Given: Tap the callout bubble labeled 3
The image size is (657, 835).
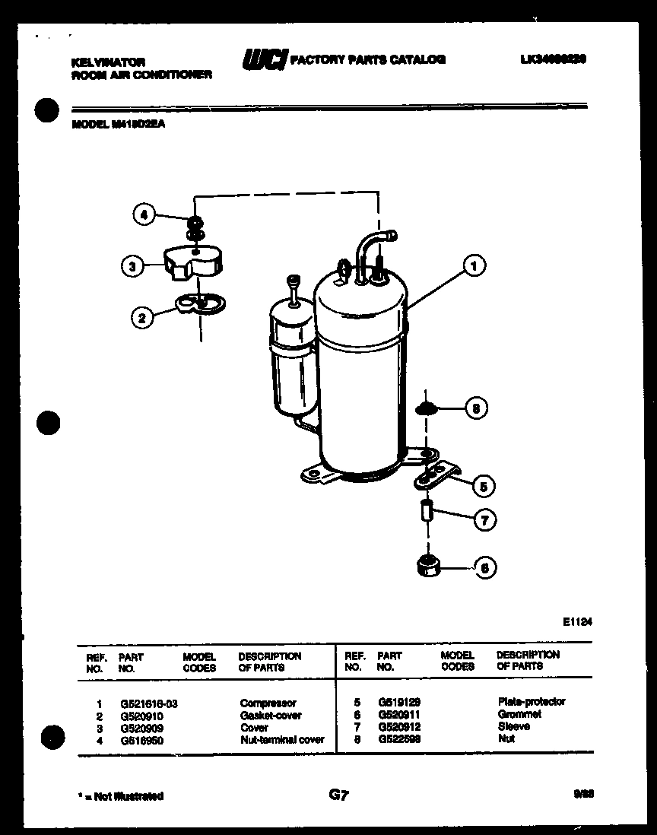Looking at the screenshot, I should click(x=132, y=266).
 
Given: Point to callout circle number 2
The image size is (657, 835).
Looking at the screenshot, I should click(x=141, y=318).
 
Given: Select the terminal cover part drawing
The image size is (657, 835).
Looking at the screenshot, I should click(x=194, y=265).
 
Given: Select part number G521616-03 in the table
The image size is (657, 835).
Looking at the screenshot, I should click(x=148, y=703).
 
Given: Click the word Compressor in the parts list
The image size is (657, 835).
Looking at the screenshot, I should click(x=268, y=703).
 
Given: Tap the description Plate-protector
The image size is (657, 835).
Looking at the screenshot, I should click(x=532, y=702).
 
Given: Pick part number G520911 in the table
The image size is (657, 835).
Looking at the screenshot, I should click(x=398, y=715).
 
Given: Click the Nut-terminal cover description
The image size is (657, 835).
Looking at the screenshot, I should click(x=281, y=739).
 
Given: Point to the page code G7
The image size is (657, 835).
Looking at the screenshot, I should click(x=338, y=795).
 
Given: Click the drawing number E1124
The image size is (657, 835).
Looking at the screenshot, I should click(x=577, y=621).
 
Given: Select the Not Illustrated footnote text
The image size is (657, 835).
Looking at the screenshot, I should click(x=120, y=796).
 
